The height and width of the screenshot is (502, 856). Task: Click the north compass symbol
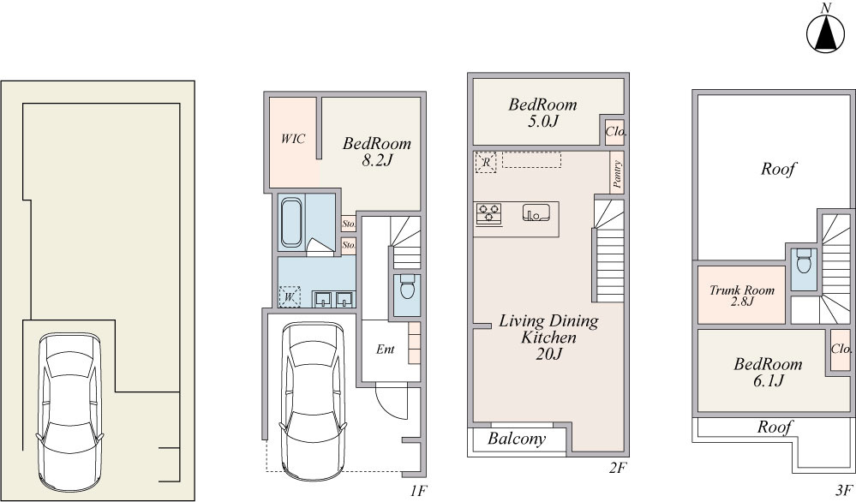point(826,33)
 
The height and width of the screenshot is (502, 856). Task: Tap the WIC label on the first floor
point(292,139)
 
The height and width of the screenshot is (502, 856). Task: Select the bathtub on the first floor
point(291,223)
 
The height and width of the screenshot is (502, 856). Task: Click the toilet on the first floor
point(407,286)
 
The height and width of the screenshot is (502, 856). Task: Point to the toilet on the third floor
point(804,260)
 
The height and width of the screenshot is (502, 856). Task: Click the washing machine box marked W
point(290,297)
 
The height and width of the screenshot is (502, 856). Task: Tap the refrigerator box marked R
point(485,162)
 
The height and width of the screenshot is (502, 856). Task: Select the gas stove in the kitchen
point(488,213)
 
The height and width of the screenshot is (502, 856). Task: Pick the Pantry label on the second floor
point(617,174)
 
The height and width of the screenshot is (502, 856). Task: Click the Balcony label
point(517,439)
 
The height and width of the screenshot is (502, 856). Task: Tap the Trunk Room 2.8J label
point(742,296)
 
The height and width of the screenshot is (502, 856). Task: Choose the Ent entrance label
point(385,350)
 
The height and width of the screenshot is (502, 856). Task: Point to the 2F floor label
point(618,467)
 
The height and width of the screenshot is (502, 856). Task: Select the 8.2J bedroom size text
point(377,160)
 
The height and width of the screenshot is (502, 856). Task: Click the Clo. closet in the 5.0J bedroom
point(615,132)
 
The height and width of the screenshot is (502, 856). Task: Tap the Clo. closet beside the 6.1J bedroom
point(841,349)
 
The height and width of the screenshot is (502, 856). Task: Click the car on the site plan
point(69,411)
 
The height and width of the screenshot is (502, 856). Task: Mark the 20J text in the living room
point(548,354)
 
